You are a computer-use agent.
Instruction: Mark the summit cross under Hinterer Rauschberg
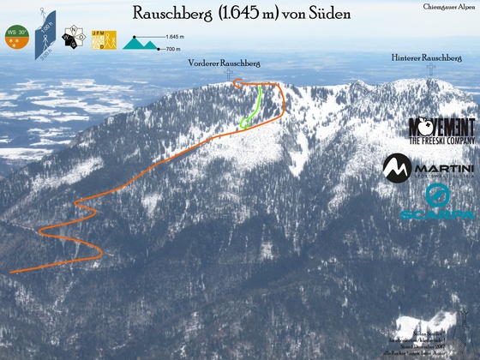coord(429,69)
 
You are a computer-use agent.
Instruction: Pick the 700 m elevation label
coord(172,49)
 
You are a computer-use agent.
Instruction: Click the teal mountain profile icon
coord(141,42)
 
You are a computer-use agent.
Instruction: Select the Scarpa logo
coord(437,204)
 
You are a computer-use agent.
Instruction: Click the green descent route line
coord(257,105)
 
